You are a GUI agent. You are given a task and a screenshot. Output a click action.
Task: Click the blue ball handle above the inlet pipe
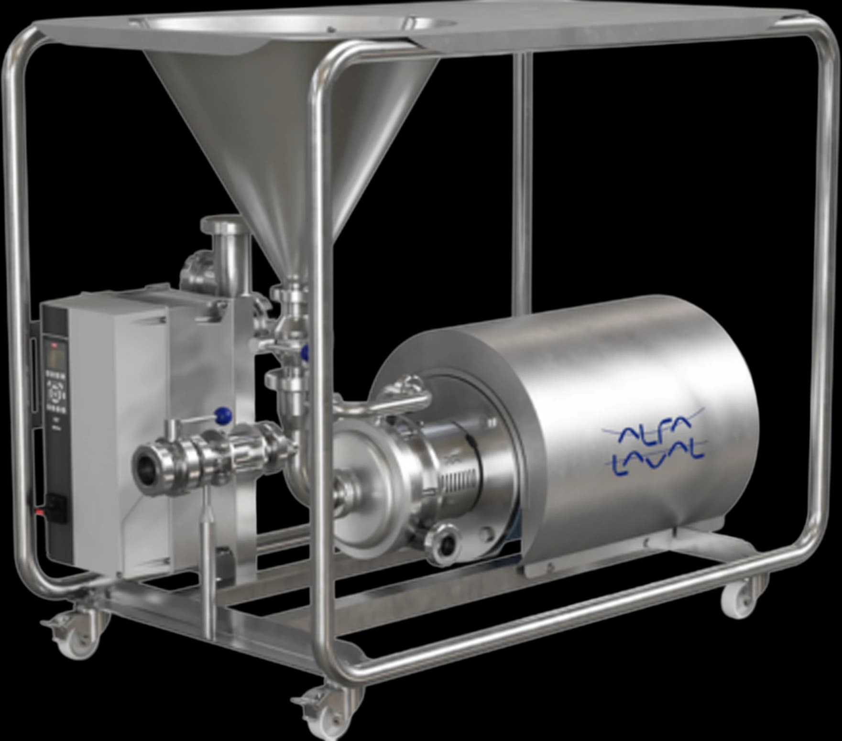(x=223, y=415)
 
